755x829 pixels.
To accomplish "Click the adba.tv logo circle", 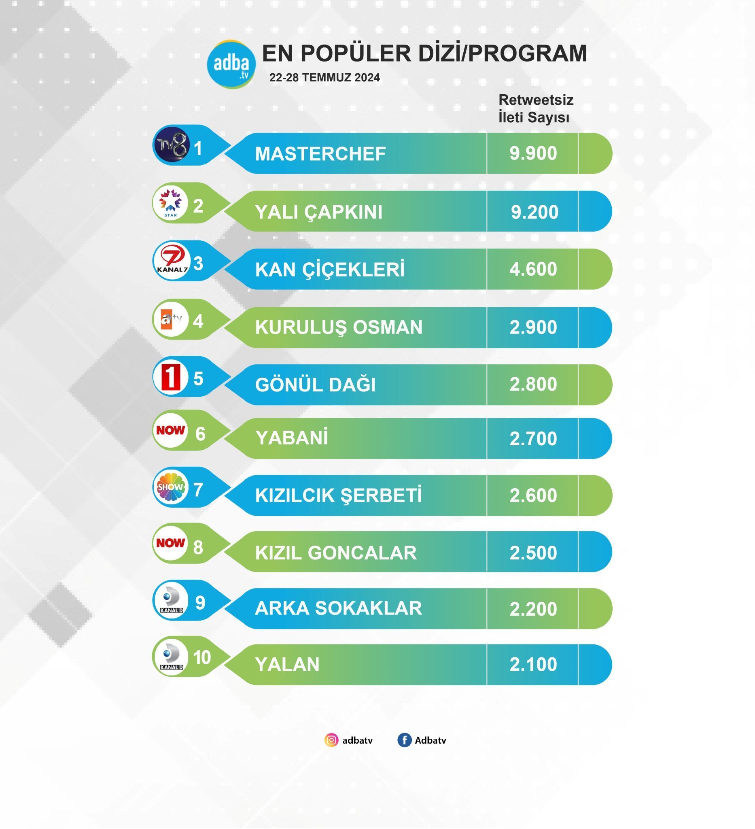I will point(231,64).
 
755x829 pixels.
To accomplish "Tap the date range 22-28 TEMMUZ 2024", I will point(324,78).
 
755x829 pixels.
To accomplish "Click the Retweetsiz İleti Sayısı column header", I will point(535,108).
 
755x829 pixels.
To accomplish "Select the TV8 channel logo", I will point(172,145).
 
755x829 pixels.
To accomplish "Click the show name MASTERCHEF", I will point(320,154).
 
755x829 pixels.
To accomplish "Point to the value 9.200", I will point(534,212).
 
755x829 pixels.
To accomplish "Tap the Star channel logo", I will point(171,203).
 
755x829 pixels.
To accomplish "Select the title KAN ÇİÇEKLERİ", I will point(330,270).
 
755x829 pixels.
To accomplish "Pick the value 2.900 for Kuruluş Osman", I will point(533,327).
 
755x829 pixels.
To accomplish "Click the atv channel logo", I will point(171,319).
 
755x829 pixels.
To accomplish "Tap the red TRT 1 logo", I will point(171,377).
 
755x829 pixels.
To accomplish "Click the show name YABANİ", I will point(291,438).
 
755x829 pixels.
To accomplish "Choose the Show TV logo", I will point(171,487).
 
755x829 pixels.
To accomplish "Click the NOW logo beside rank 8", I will point(171,543).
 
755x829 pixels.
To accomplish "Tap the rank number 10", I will point(202,657).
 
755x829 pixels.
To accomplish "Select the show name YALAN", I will point(287,665).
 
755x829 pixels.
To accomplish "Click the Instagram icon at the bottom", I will point(331,740).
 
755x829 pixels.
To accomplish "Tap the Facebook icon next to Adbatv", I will point(405,740).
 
